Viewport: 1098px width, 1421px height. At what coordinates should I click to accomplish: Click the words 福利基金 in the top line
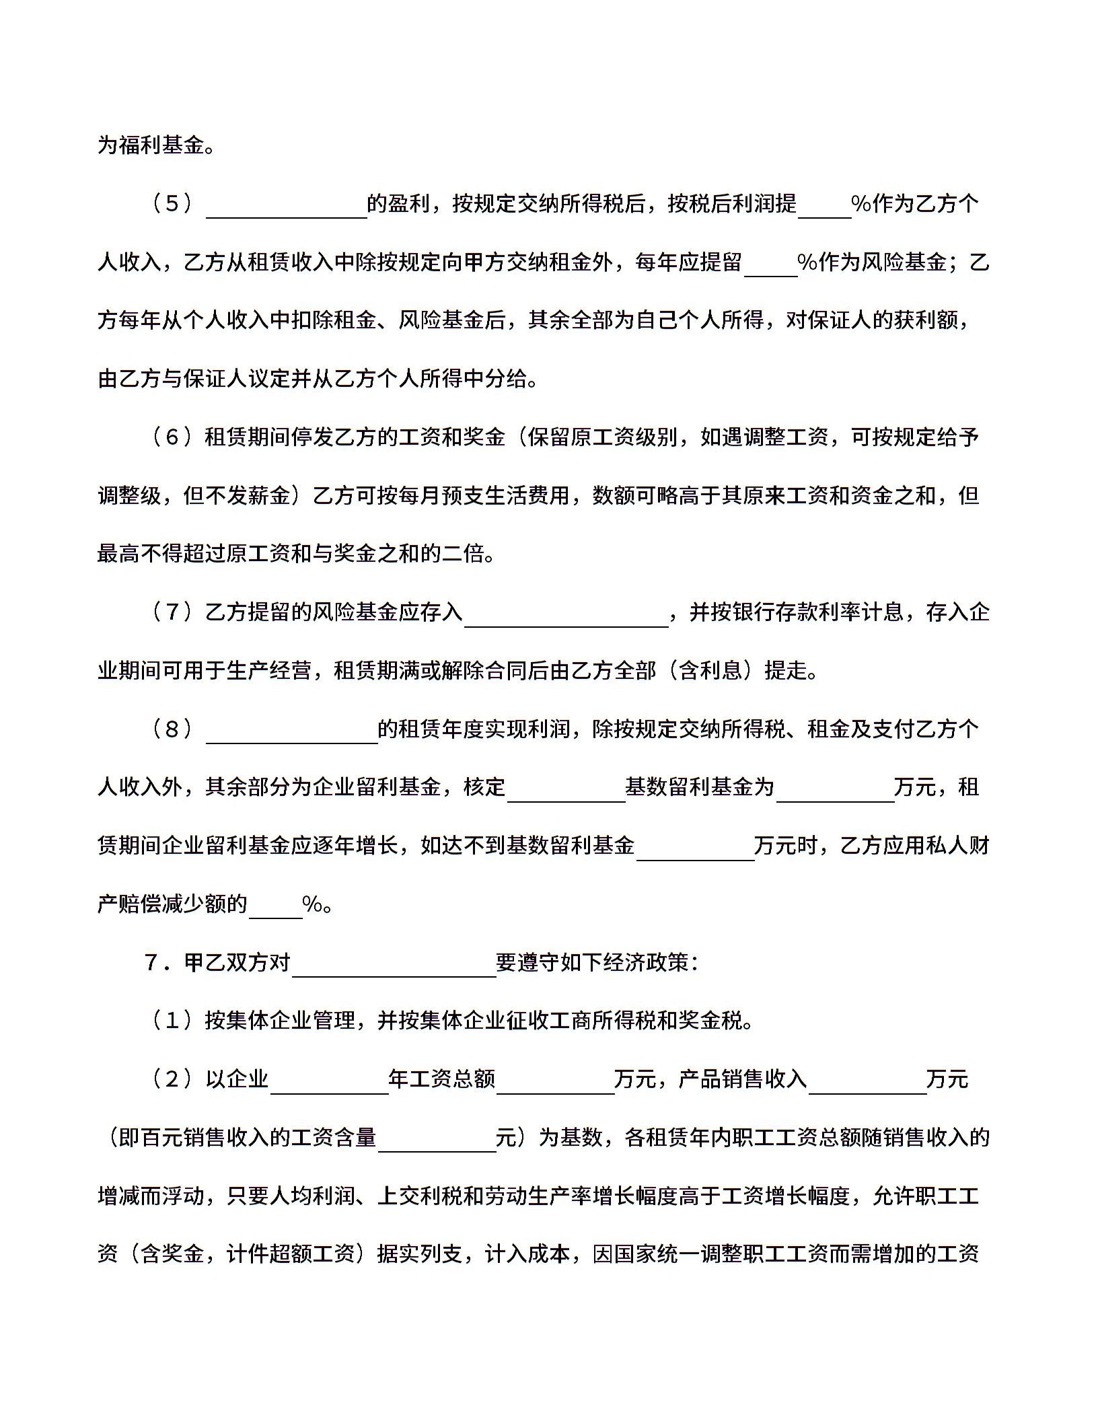click(161, 145)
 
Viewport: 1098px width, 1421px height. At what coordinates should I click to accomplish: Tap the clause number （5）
click(172, 203)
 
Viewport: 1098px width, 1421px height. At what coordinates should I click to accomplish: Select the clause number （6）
click(172, 437)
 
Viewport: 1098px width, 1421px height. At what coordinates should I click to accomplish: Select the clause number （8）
click(172, 729)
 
